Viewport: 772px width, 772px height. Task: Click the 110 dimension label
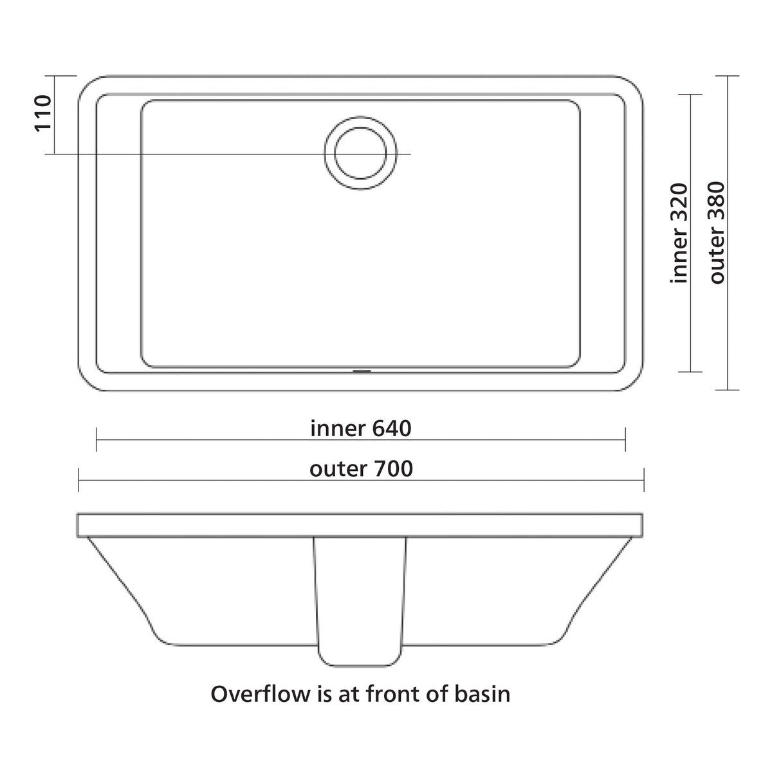click(43, 113)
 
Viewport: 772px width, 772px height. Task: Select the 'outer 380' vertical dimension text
click(717, 234)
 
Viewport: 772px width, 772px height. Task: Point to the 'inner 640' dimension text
click(361, 428)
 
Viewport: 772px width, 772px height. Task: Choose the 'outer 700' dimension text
click(362, 469)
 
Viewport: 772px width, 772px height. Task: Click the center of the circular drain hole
click(360, 154)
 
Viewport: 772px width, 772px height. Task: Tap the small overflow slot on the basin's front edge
click(362, 371)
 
